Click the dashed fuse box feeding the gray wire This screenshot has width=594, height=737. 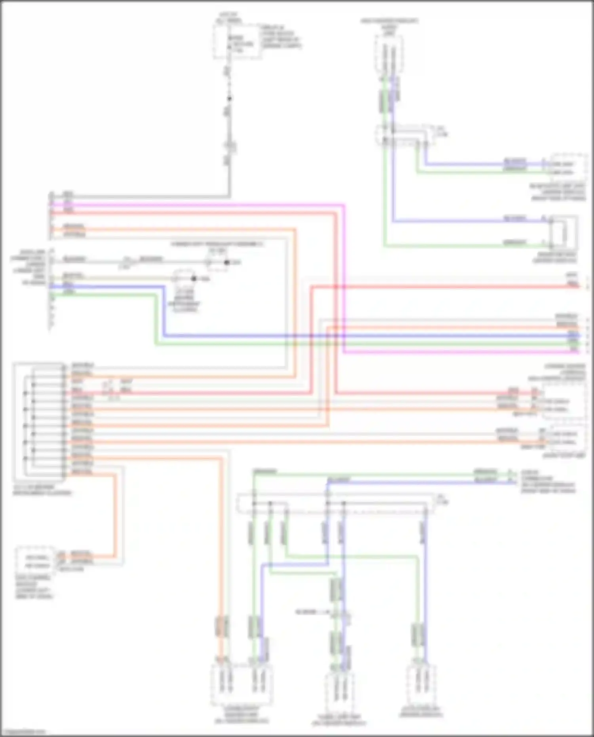(237, 42)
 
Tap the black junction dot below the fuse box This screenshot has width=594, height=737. (229, 99)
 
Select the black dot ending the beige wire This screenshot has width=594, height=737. (194, 278)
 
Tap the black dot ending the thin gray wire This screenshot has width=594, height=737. (227, 262)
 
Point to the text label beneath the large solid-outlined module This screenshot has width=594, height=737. (42, 490)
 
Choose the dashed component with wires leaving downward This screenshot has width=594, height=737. (389, 53)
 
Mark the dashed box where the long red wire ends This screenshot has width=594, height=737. (564, 400)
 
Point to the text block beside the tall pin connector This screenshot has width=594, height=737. (28, 267)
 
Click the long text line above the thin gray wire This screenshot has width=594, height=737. (217, 244)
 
